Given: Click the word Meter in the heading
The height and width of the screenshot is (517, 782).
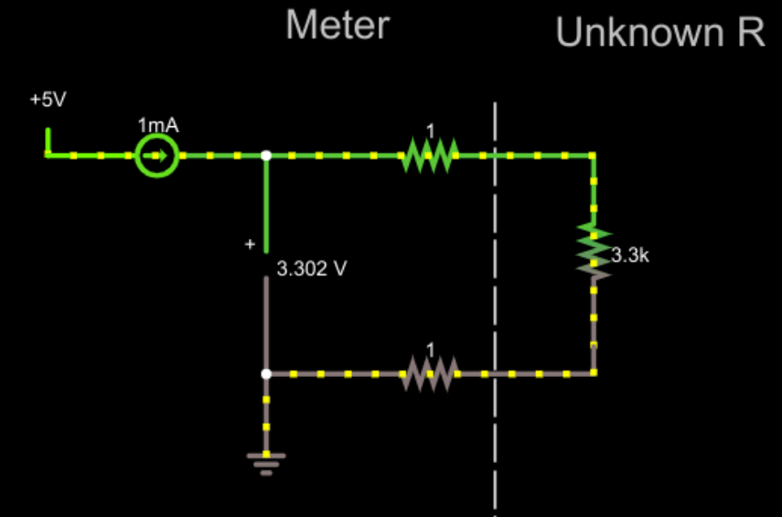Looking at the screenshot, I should click(337, 26).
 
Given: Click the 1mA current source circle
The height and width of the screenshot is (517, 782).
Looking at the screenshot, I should click(156, 156).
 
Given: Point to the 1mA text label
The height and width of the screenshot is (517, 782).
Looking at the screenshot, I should click(158, 125).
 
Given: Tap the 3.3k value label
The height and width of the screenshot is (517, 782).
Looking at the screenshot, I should click(629, 256).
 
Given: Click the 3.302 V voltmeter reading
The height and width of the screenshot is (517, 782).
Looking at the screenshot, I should click(312, 269).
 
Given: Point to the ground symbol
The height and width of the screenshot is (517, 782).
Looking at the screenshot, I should click(266, 462).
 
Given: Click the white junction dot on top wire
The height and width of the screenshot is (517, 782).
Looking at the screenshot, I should click(266, 156).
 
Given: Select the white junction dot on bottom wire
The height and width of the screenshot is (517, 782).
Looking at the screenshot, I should click(266, 373).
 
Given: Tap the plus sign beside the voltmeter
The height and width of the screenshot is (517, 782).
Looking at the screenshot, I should click(249, 244).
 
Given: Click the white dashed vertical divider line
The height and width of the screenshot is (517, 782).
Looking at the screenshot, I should click(495, 275).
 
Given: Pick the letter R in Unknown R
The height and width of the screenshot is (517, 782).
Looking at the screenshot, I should click(747, 34).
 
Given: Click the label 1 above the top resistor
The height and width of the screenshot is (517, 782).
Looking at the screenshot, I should click(430, 131).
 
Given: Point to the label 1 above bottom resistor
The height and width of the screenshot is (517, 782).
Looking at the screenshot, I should click(430, 350).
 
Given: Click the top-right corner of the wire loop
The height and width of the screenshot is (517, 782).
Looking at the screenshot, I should click(594, 156).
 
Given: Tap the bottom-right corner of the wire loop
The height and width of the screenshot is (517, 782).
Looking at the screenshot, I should click(594, 373).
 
